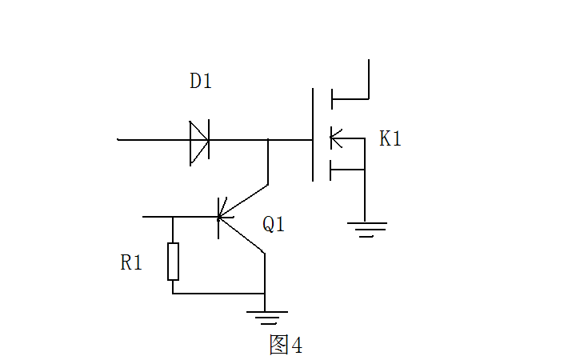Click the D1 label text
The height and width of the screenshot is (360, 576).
tap(201, 81)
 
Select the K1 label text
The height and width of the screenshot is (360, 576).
tap(390, 138)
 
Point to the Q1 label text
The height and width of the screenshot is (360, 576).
tap(274, 225)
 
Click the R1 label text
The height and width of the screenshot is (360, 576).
tap(131, 262)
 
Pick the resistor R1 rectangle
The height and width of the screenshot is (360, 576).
tap(173, 261)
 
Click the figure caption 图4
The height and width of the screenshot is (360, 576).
tap(286, 345)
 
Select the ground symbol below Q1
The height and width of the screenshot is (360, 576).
tap(266, 317)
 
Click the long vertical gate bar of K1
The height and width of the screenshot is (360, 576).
tap(313, 134)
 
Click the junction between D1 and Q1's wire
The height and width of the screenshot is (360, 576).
tap(267, 140)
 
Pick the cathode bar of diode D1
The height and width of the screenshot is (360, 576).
tap(209, 142)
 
